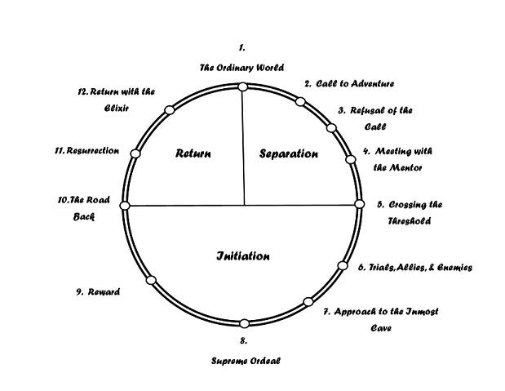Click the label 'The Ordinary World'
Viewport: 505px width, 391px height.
(x=241, y=68)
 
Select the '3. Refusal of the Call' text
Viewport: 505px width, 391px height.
(x=375, y=118)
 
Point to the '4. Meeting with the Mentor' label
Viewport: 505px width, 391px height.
(x=398, y=159)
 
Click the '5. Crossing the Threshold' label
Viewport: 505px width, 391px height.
(x=409, y=212)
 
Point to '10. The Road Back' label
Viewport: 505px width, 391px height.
(x=87, y=208)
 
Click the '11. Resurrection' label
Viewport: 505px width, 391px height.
(x=87, y=151)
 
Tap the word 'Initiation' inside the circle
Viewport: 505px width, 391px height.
(x=243, y=256)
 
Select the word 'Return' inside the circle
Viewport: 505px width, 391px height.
(x=193, y=153)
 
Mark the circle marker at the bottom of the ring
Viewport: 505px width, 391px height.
(x=244, y=323)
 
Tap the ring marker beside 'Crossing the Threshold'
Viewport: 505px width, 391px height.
(x=359, y=205)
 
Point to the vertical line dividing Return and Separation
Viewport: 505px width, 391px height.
(x=244, y=147)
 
